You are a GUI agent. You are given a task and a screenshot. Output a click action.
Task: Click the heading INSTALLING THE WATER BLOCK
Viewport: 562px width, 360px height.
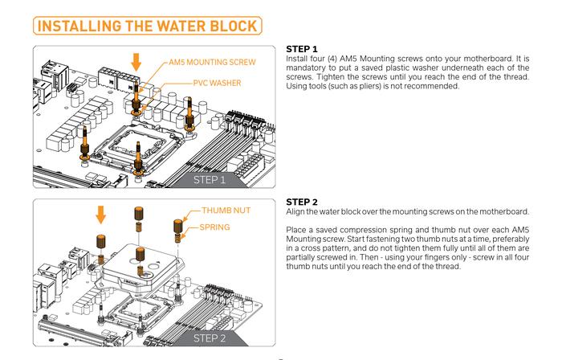tap(147, 27)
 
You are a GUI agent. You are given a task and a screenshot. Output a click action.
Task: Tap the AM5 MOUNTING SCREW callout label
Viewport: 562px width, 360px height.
tap(212, 62)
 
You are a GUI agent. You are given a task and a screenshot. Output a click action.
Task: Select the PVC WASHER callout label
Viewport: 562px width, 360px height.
tap(218, 84)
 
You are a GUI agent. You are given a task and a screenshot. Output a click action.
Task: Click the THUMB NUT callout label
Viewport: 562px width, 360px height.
tap(226, 211)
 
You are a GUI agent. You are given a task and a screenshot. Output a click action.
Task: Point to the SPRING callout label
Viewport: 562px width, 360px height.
tap(214, 227)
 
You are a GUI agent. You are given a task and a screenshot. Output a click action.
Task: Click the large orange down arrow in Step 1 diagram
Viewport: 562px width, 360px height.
tap(136, 62)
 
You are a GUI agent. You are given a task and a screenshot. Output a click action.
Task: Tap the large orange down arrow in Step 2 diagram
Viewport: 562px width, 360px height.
tap(101, 215)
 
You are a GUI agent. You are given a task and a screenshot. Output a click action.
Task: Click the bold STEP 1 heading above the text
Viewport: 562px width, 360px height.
tap(302, 49)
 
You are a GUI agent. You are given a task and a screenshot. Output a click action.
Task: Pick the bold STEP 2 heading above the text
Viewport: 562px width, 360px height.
tap(302, 202)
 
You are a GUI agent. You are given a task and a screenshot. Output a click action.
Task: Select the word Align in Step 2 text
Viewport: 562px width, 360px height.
tap(295, 212)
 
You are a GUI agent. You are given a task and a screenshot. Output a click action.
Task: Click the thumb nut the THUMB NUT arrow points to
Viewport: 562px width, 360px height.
tap(178, 227)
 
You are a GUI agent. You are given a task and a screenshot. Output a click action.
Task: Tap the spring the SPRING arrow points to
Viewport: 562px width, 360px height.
tap(177, 238)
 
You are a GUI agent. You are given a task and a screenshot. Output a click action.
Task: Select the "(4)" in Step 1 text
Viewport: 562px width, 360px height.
tap(332, 59)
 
